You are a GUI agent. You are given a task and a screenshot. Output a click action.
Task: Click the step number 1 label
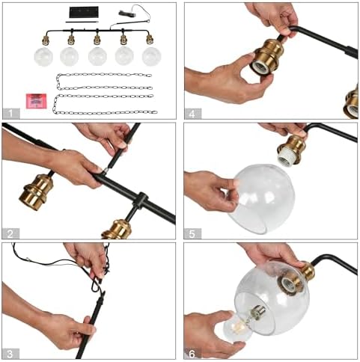coord(10,114)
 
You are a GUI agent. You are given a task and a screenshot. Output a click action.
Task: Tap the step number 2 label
coord(10,234)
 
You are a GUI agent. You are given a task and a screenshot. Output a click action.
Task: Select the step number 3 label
coord(10,354)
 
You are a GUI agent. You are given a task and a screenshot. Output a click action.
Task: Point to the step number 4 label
coord(192,114)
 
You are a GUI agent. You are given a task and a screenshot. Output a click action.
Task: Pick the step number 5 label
coord(192,234)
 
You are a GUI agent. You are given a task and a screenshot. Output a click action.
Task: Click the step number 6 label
coord(192,354)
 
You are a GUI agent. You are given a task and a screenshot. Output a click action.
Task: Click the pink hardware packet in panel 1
coord(37,101)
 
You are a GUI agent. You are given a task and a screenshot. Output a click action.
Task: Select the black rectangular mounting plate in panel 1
coord(84,12)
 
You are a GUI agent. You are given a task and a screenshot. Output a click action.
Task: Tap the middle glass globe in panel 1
coord(97,56)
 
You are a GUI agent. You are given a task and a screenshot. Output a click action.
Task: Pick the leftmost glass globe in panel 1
coord(43,57)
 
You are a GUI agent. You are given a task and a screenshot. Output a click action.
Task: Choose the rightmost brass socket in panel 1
coord(150,40)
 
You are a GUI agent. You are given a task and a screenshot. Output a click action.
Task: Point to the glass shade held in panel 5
coord(262,199)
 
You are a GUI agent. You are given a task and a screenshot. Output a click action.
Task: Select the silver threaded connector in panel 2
coord(106,171)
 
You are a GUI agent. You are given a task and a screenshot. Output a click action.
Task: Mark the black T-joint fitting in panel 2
coord(140,200)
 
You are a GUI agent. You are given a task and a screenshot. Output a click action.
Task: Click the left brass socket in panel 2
coord(37,192)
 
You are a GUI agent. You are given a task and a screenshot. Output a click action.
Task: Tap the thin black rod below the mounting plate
coord(82,22)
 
